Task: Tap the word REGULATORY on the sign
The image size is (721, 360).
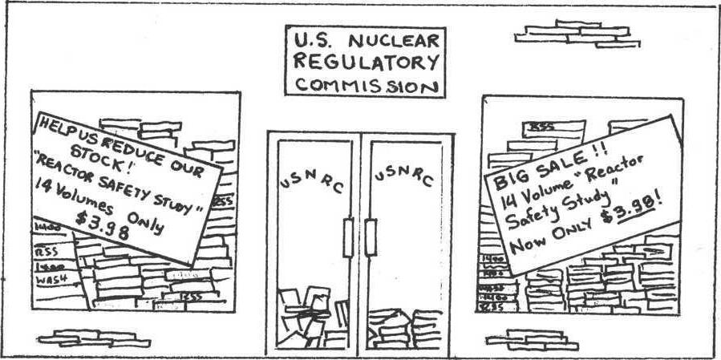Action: (366, 62)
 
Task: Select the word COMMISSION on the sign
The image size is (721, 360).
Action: (366, 84)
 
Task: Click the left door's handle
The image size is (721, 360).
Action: (348, 237)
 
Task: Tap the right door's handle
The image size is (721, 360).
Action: (371, 237)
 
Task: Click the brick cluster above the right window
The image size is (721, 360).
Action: (577, 34)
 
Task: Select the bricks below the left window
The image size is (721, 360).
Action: (93, 338)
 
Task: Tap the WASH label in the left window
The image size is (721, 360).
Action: (51, 280)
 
